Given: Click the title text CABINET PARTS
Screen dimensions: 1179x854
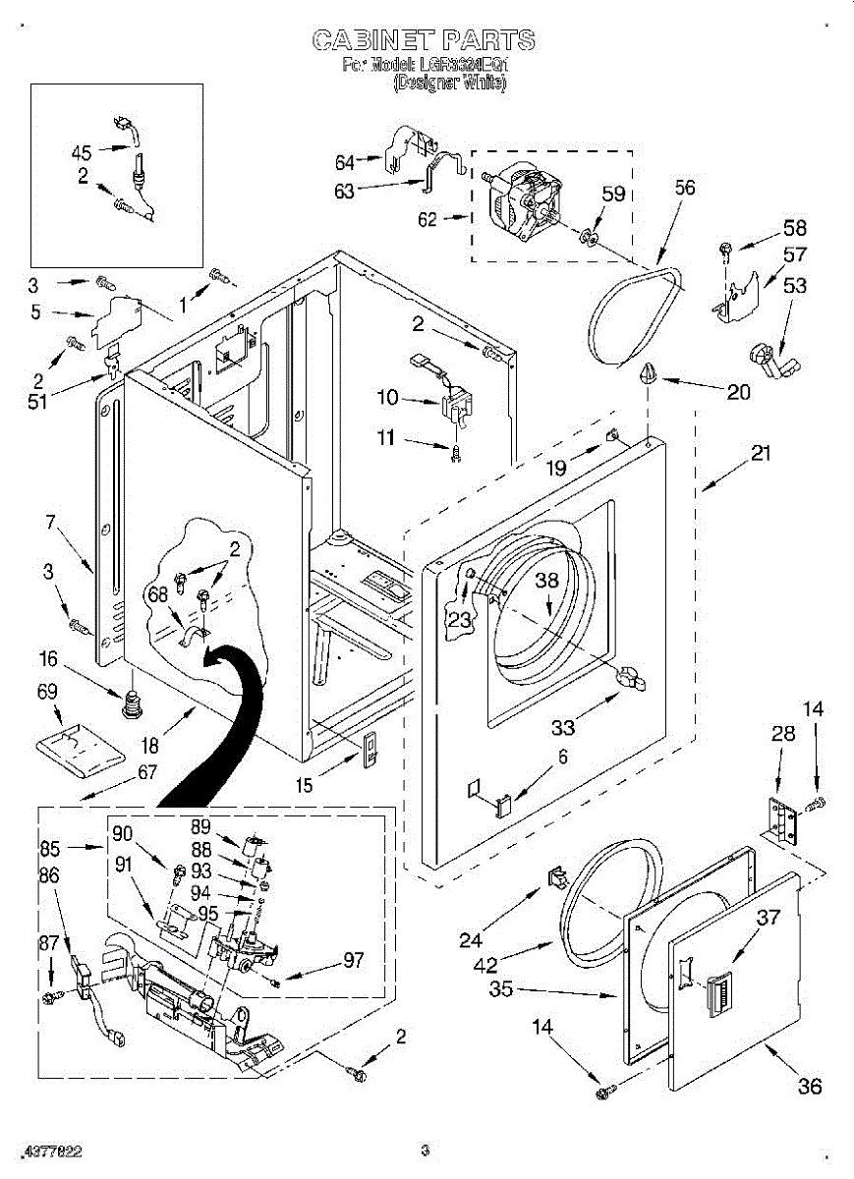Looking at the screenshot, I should pyautogui.click(x=424, y=40).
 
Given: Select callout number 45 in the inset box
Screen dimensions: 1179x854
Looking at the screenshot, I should pyautogui.click(x=82, y=152).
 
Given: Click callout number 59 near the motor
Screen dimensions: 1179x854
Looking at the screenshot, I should pyautogui.click(x=614, y=195).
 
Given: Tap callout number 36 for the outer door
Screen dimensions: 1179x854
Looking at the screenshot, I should pyautogui.click(x=810, y=1086).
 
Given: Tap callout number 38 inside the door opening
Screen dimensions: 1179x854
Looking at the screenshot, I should pyautogui.click(x=546, y=581).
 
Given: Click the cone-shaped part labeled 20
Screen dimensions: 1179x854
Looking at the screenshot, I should pyautogui.click(x=650, y=374).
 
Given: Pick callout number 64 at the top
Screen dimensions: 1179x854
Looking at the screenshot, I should pyautogui.click(x=345, y=161).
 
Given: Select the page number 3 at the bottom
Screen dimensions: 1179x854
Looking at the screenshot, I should pyautogui.click(x=425, y=1150).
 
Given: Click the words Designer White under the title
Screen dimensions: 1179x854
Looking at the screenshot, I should pyautogui.click(x=449, y=84).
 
